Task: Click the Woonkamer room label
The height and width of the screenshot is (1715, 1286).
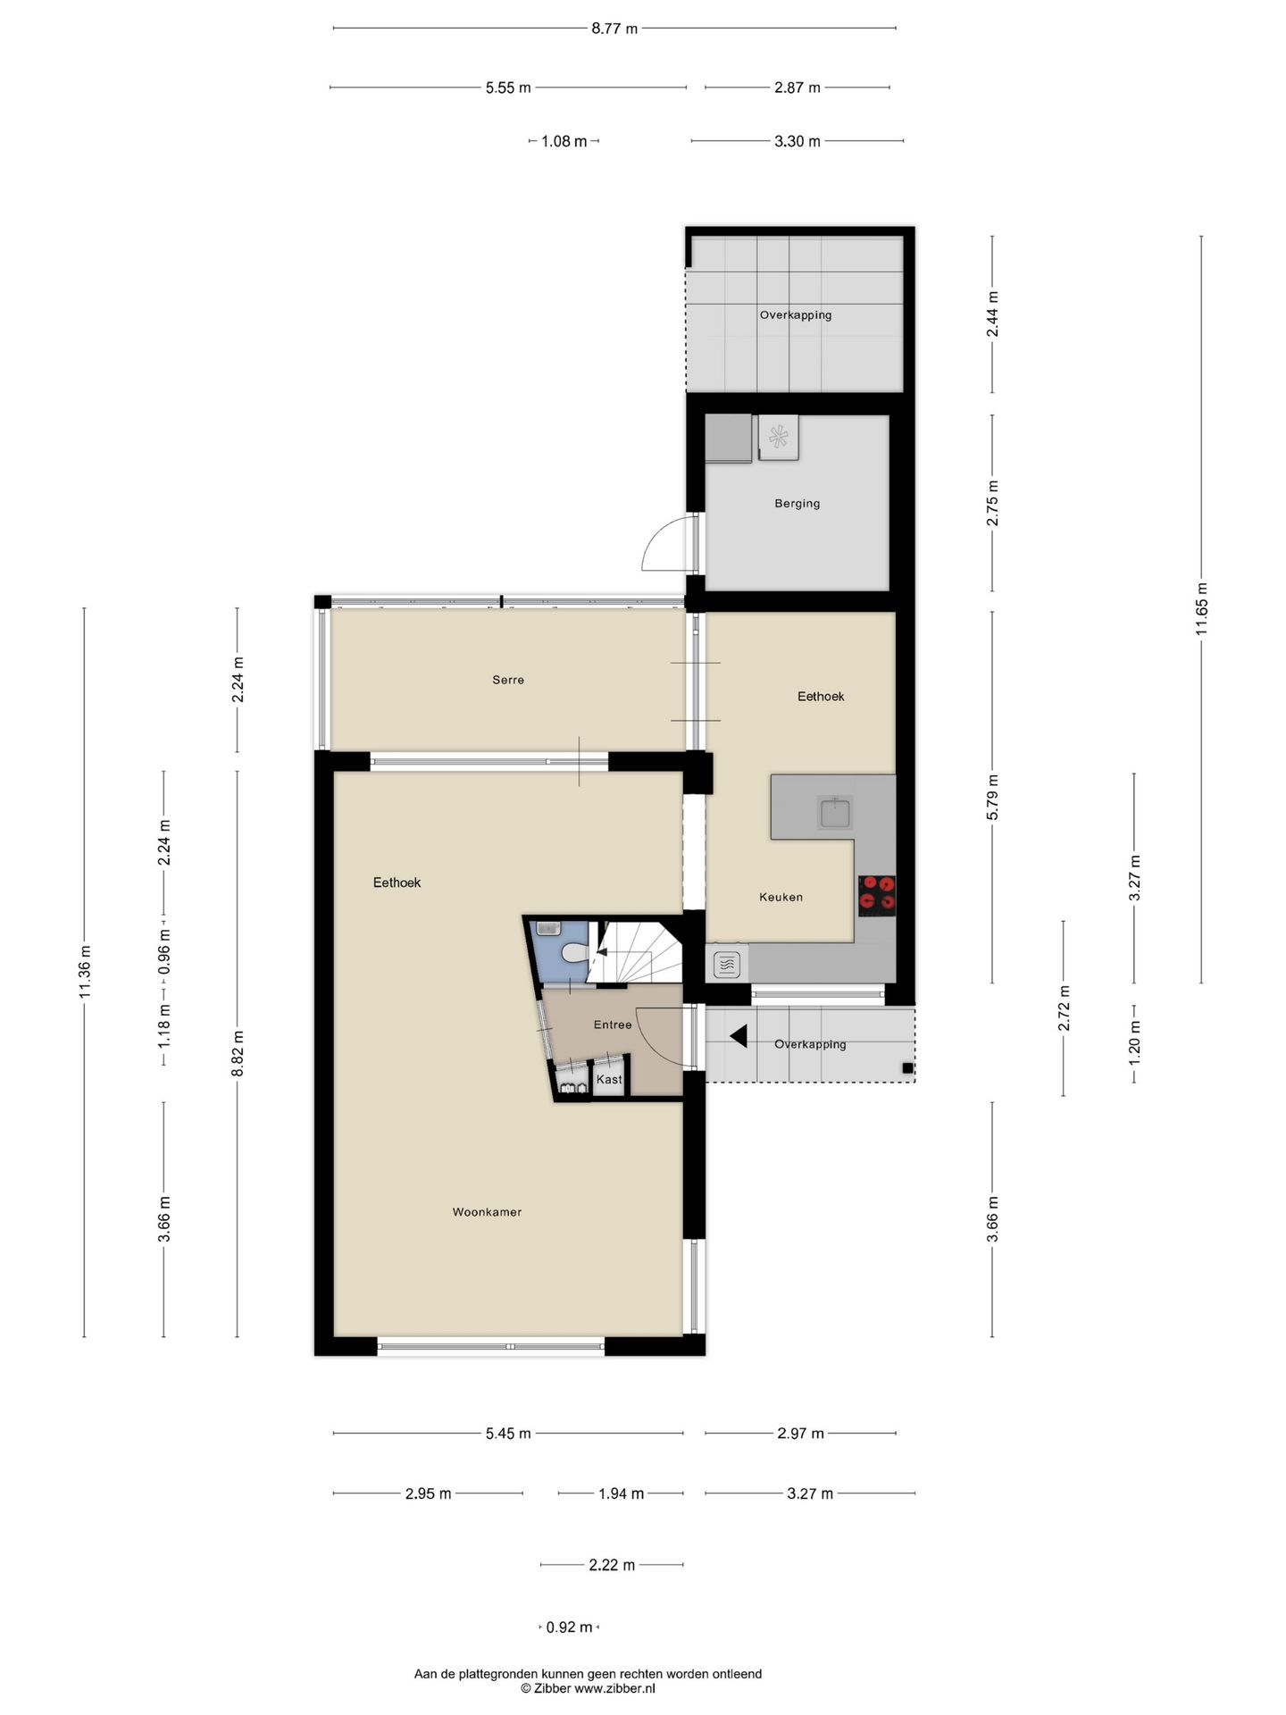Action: pos(487,1212)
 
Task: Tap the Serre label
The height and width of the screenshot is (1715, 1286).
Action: pos(508,680)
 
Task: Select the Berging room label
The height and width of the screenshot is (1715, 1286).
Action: pos(797,504)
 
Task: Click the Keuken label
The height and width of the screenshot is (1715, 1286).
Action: pos(781,897)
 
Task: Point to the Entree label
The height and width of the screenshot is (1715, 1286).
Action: pos(613,1025)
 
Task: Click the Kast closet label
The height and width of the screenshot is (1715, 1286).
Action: pos(609,1079)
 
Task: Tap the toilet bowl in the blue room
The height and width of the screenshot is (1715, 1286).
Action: pos(573,952)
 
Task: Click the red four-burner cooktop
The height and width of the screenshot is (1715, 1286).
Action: pos(877,895)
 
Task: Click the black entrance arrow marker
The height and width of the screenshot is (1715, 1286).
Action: pos(739,1036)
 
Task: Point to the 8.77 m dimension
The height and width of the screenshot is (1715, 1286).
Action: pos(614,29)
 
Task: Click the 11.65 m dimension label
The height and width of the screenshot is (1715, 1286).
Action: pos(1201,609)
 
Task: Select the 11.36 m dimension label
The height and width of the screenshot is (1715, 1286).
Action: pos(85,972)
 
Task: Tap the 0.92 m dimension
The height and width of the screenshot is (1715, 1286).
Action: pos(569,1627)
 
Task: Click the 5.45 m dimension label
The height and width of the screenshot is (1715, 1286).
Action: pos(508,1434)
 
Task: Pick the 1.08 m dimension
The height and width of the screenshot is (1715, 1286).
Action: pos(564,141)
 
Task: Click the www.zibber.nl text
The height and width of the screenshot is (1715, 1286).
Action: pos(614,1688)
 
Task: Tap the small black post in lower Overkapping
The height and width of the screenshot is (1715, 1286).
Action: pos(907,1068)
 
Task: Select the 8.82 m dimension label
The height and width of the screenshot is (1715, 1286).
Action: pos(238,1054)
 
